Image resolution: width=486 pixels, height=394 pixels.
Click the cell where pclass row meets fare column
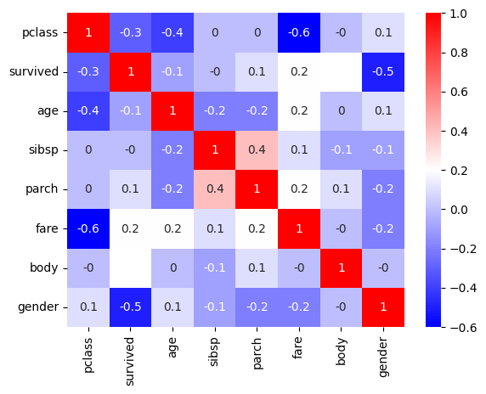[299, 32]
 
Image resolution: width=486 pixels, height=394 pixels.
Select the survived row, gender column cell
[383, 72]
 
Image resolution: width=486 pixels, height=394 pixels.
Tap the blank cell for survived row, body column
[342, 72]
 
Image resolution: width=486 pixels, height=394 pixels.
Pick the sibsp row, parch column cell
[257, 150]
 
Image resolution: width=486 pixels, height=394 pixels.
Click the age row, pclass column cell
[88, 111]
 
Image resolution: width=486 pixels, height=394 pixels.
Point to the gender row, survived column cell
[131, 307]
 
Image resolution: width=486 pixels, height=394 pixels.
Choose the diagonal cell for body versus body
[342, 268]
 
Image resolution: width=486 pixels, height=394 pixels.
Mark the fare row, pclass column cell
[88, 229]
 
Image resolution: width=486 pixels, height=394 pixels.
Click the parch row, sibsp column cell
[215, 189]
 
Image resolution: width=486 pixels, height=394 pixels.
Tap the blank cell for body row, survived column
[131, 268]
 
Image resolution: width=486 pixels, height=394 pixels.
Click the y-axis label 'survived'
[34, 72]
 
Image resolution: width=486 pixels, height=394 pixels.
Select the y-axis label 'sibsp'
[43, 150]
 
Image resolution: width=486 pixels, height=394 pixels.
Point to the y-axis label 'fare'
[47, 228]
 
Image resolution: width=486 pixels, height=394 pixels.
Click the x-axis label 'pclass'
[88, 355]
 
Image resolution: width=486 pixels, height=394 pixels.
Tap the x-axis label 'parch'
[257, 354]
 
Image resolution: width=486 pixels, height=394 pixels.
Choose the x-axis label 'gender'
[383, 357]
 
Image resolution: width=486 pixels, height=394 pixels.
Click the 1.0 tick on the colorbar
[444, 14]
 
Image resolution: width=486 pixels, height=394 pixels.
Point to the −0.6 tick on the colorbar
[444, 327]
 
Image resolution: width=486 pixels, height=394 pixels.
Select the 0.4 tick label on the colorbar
[459, 132]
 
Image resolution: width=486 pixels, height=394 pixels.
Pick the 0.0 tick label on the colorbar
[459, 210]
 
